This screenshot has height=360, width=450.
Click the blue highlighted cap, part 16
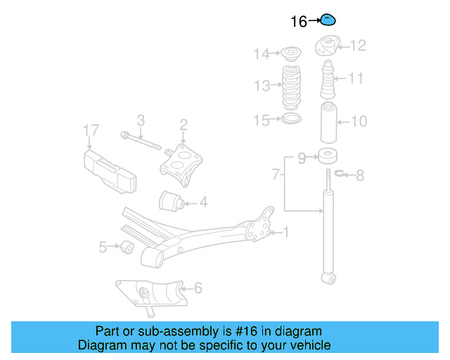tap(328, 20)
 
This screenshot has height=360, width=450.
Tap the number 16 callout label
tap(299, 22)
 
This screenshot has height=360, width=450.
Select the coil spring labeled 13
tap(291, 86)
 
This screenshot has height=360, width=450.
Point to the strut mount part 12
tap(327, 46)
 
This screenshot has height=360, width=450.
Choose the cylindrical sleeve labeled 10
tap(327, 123)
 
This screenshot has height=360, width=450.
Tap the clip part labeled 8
tap(340, 174)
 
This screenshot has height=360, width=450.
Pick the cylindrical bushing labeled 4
tap(172, 201)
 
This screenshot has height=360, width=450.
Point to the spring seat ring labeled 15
tap(291, 120)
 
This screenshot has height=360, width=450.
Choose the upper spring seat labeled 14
tap(290, 53)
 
